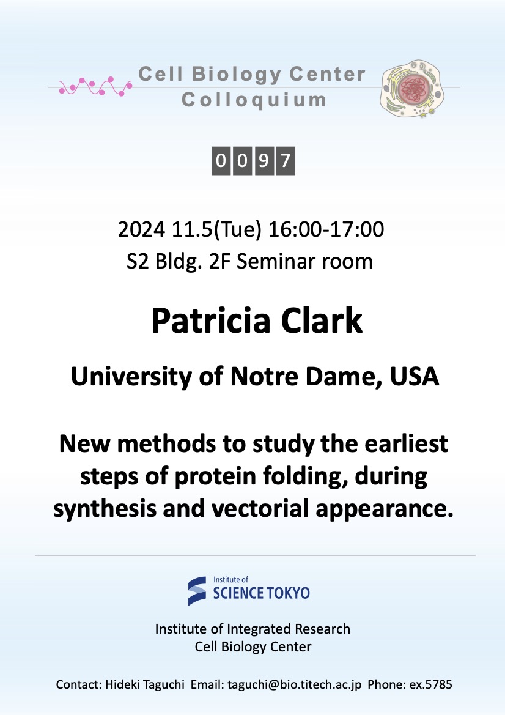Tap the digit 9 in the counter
pos(264,160)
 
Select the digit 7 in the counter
pos(286,160)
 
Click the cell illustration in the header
pos(412,89)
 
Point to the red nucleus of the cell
pos(413,87)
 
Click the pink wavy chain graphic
pos(95,86)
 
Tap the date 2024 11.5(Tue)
pos(190,229)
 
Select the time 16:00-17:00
pos(326,229)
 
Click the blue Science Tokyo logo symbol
pos(197,591)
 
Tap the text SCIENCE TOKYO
pos(262,593)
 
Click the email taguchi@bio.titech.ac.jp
pos(295,684)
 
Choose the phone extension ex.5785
pos(430,684)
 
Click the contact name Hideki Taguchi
pos(145,684)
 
